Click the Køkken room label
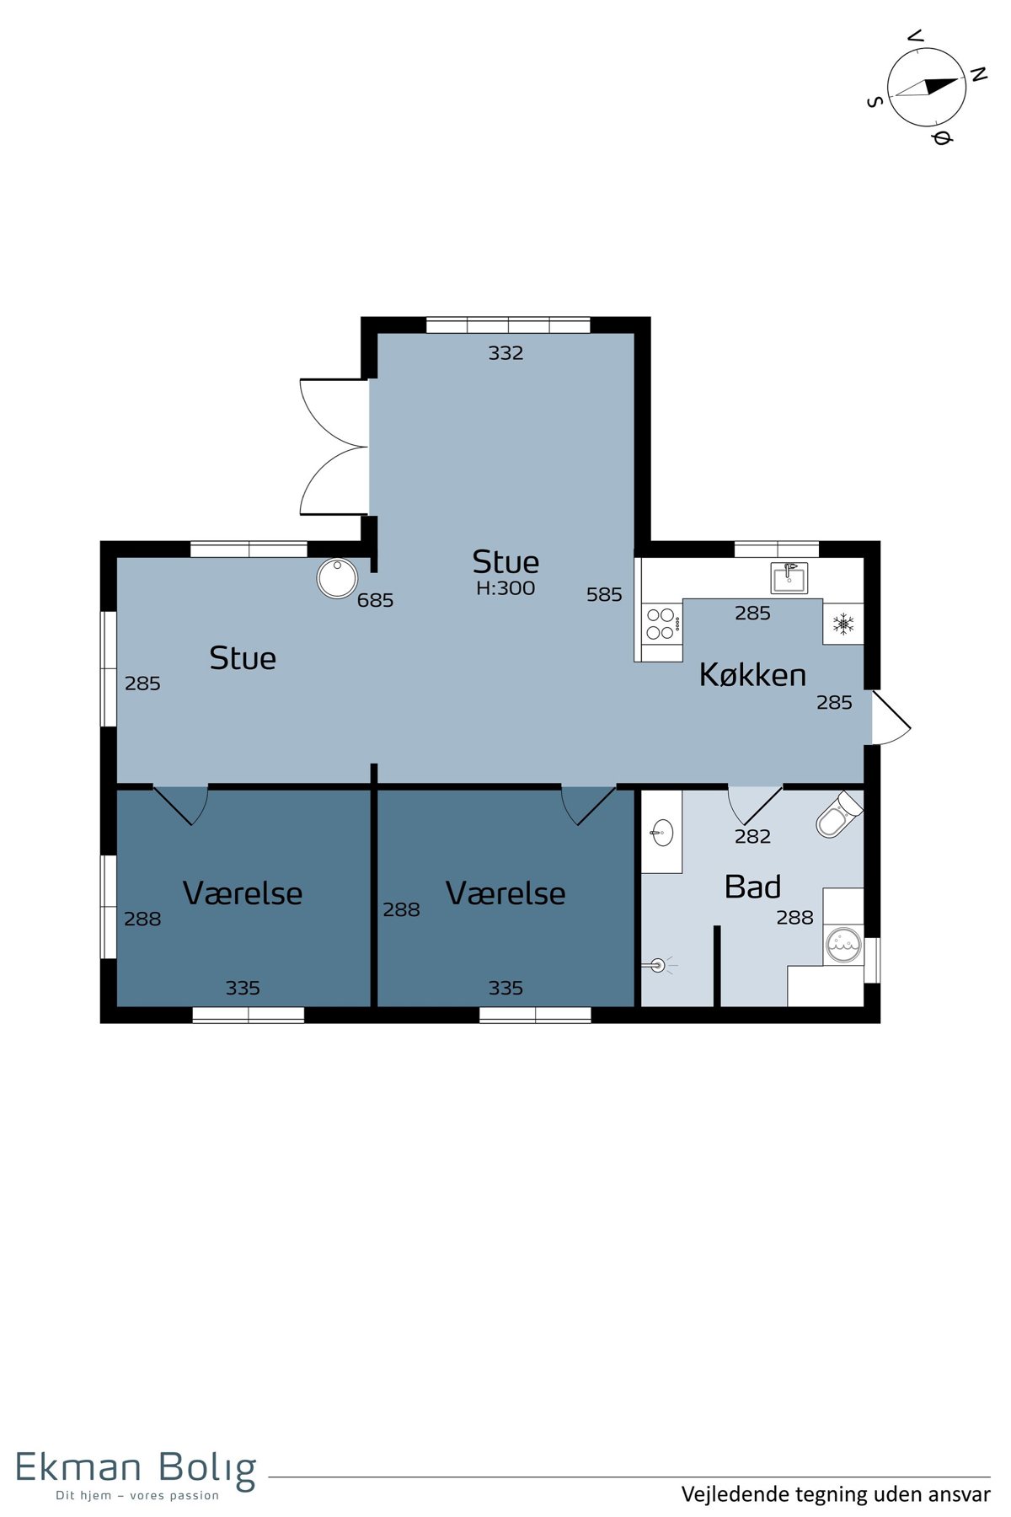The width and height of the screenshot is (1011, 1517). tap(752, 675)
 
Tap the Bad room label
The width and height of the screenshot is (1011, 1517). tap(752, 887)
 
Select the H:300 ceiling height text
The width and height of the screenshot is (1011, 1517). tap(505, 588)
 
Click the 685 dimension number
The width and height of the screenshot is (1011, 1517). tap(375, 600)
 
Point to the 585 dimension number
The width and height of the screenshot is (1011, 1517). tap(604, 594)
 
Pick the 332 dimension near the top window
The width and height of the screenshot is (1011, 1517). tap(505, 353)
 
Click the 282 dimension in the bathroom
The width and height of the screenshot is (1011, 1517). tap(752, 836)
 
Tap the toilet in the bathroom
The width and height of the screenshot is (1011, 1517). tap(839, 814)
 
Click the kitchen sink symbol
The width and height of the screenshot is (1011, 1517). tap(789, 577)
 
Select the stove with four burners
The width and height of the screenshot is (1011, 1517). tap(661, 624)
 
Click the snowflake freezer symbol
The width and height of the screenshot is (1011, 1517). tap(843, 624)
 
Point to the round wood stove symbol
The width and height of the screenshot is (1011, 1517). tap(337, 578)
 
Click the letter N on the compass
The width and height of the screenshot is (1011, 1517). tap(978, 75)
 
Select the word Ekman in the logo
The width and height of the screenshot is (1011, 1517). tap(78, 1467)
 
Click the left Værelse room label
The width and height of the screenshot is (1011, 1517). tap(243, 893)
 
